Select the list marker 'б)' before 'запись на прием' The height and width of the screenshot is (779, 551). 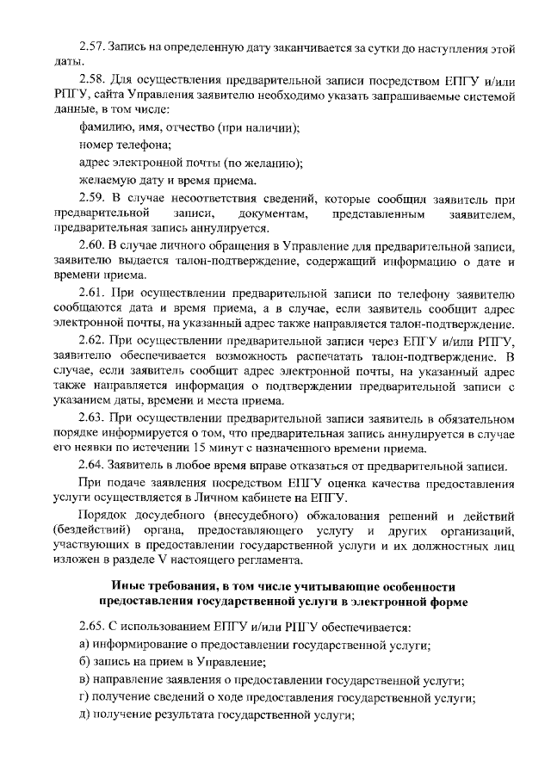tap(84, 663)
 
